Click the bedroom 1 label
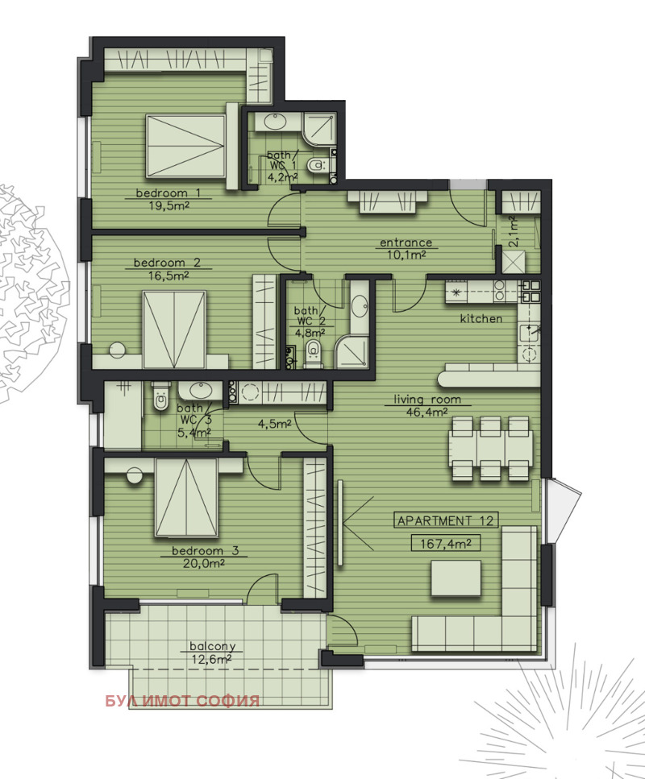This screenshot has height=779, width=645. click(162, 193)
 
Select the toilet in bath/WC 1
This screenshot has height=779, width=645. click(317, 164)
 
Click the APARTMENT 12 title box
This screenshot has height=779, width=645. click(446, 520)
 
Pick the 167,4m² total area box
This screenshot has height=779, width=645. click(446, 544)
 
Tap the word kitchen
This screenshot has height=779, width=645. click(481, 318)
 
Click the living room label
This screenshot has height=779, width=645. click(427, 400)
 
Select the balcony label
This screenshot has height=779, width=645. click(212, 646)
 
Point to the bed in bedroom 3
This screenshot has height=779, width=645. click(186, 498)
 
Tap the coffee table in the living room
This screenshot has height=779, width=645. click(456, 578)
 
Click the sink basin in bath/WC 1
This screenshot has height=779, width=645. click(273, 121)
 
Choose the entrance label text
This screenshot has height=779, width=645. click(406, 242)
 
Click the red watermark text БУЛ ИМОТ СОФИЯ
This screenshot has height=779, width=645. click(182, 701)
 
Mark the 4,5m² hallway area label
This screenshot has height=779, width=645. click(274, 425)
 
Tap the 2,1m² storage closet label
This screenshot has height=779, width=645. click(514, 231)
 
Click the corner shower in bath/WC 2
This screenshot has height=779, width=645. click(352, 352)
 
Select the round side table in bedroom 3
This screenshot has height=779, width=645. click(135, 475)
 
